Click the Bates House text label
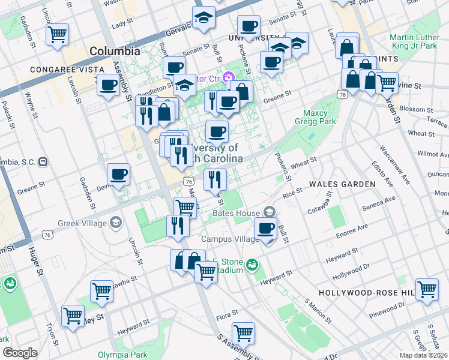237,213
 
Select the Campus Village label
229,239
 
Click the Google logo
19,353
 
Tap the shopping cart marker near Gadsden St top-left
57,34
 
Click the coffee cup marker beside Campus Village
266,228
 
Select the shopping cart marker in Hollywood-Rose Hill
427,289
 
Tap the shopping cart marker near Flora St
243,332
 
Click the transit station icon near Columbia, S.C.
43,162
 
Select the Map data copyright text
424,355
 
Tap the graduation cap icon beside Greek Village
115,224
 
